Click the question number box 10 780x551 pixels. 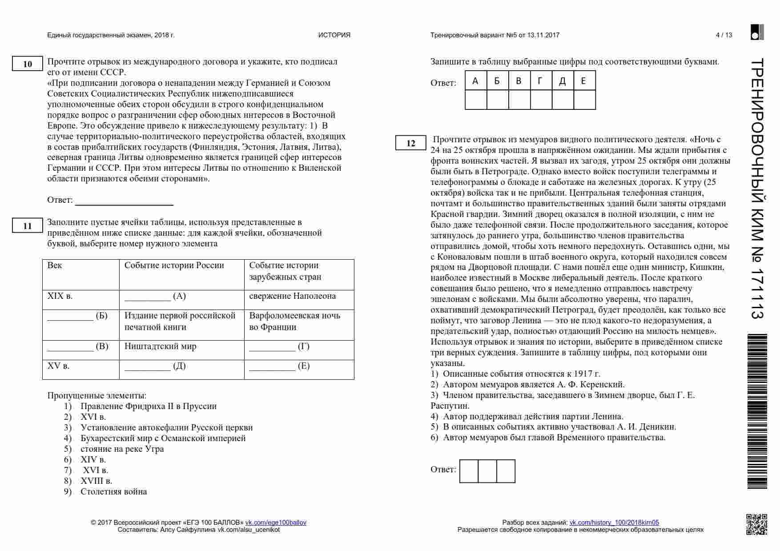(x=27, y=64)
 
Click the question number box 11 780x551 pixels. (x=27, y=226)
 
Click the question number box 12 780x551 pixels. (x=410, y=143)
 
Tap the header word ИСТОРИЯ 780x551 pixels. (x=334, y=35)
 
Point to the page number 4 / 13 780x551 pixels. (x=724, y=35)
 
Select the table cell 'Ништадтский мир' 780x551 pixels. (x=160, y=346)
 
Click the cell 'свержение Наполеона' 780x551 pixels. (x=292, y=296)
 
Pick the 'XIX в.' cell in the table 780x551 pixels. (x=60, y=296)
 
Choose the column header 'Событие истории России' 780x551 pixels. (x=174, y=265)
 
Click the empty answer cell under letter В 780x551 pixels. (x=519, y=100)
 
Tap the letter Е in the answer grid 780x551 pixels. (x=583, y=81)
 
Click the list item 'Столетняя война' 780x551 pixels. (x=113, y=491)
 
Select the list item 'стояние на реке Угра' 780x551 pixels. (x=122, y=449)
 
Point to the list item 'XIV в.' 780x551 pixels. (x=93, y=459)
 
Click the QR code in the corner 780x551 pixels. (x=756, y=524)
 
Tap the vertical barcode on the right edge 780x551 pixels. (x=757, y=411)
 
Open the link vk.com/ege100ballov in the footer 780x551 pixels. (x=276, y=523)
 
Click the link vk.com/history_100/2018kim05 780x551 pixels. (x=614, y=523)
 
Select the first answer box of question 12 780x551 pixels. (x=469, y=471)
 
